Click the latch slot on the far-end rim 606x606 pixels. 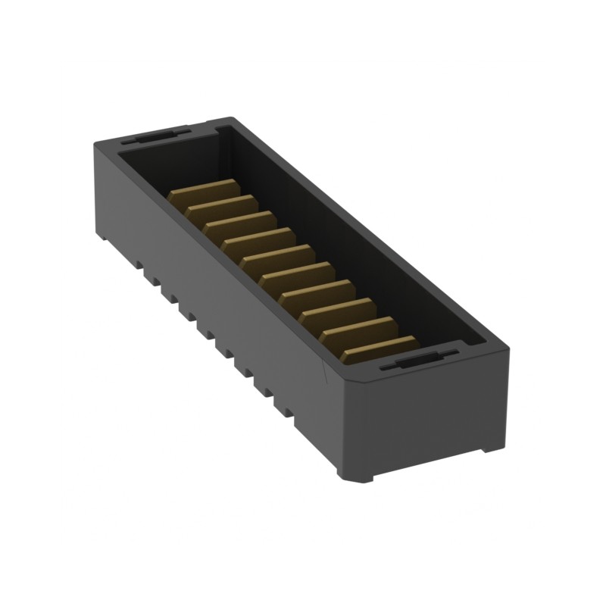tap(155, 137)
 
